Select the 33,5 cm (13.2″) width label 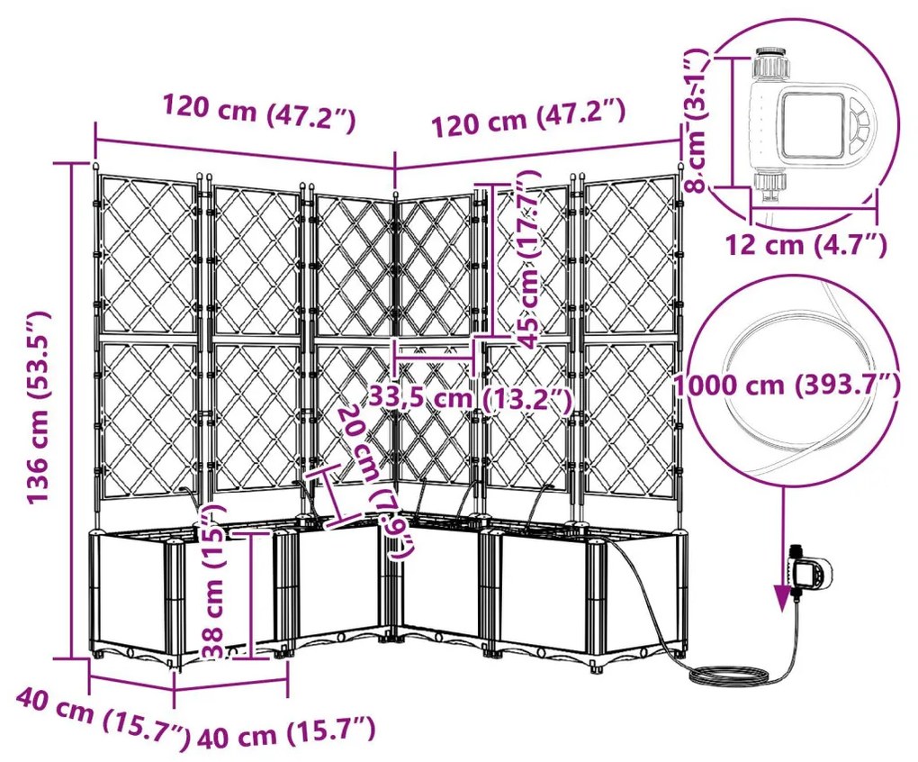pos(469,397)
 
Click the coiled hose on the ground pos(728,673)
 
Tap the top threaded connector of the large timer pos(771,63)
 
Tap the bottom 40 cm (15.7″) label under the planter pos(285,732)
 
